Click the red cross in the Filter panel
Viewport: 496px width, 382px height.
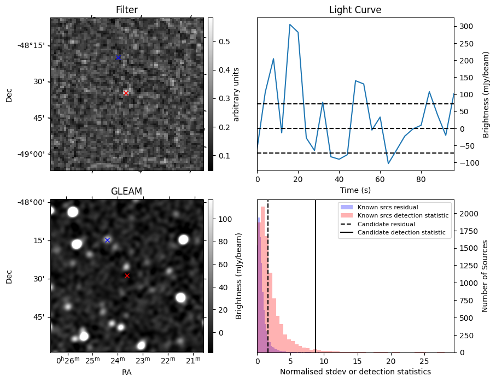click(x=126, y=93)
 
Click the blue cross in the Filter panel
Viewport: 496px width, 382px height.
click(x=118, y=57)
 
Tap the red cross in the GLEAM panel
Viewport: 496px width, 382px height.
click(x=127, y=276)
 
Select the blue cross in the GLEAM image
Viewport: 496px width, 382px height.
click(x=107, y=240)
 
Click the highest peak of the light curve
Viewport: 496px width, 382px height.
click(x=290, y=25)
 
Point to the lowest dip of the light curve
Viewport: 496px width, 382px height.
click(x=388, y=163)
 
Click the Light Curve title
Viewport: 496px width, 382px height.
click(x=355, y=10)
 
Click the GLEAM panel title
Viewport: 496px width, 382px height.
click(x=126, y=191)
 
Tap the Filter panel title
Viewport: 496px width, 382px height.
click(x=127, y=10)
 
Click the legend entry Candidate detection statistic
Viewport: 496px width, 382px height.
click(x=401, y=232)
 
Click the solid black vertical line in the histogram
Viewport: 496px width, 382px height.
click(x=316, y=276)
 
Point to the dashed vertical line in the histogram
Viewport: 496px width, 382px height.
click(x=268, y=276)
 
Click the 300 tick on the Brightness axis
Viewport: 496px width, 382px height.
click(x=466, y=27)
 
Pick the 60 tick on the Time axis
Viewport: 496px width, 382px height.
click(x=380, y=179)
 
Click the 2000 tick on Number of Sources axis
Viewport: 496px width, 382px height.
click(x=469, y=214)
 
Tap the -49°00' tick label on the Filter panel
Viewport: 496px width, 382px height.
click(x=33, y=154)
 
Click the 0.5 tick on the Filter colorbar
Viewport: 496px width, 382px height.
click(x=224, y=42)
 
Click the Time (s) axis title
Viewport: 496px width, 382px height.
click(x=355, y=190)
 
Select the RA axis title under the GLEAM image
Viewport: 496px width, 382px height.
click(x=126, y=372)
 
